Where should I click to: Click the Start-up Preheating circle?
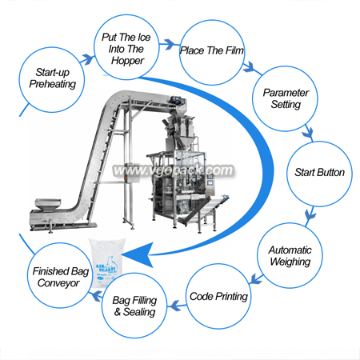pyautogui.click(x=52, y=80)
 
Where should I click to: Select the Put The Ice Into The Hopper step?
pyautogui.click(x=126, y=47)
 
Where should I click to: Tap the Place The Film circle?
pyautogui.click(x=212, y=52)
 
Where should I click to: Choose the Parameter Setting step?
pyautogui.click(x=285, y=98)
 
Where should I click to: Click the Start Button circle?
pyautogui.click(x=319, y=174)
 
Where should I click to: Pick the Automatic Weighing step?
pyautogui.click(x=290, y=255)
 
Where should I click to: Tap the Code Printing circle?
pyautogui.click(x=218, y=296)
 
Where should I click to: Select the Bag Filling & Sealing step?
pyautogui.click(x=134, y=306)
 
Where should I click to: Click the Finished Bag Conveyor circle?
pyautogui.click(x=61, y=275)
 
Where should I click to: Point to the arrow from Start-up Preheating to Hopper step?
pyautogui.click(x=87, y=59)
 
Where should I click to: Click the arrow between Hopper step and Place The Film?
pyautogui.click(x=169, y=44)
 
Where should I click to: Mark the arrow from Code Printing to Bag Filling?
pyautogui.click(x=177, y=306)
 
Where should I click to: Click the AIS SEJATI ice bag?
pyautogui.click(x=106, y=262)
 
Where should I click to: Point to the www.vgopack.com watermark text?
pyautogui.click(x=173, y=170)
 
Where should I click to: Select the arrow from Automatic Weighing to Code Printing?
pyautogui.click(x=256, y=278)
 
